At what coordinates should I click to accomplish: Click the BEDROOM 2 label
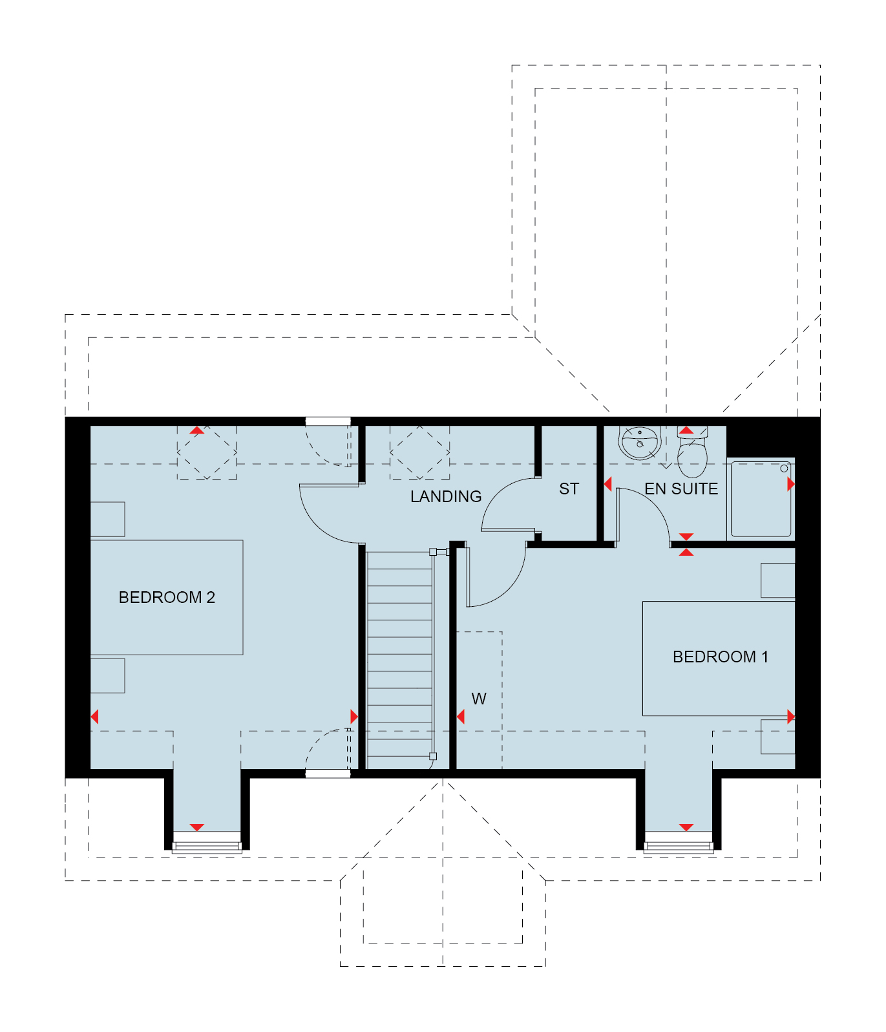tap(167, 597)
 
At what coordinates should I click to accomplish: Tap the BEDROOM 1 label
tap(721, 657)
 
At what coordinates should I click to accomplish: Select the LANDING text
tap(446, 496)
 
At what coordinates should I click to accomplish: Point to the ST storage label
tap(569, 489)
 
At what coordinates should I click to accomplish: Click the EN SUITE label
tap(681, 489)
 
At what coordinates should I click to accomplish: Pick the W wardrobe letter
tap(479, 699)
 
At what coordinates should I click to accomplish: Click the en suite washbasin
tap(638, 443)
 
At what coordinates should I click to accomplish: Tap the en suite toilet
tap(692, 451)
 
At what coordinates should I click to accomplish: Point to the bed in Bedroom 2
tap(167, 597)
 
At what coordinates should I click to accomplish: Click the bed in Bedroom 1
tap(719, 658)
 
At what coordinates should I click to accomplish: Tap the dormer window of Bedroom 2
tap(207, 843)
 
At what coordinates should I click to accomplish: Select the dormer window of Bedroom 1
tap(679, 843)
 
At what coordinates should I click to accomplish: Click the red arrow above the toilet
tap(686, 430)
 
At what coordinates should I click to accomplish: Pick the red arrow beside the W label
tap(461, 717)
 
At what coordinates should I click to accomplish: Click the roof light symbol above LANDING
tap(419, 452)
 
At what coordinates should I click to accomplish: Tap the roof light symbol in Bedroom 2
tap(207, 452)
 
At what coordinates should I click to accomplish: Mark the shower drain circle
tap(784, 469)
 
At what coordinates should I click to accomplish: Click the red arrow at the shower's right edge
tap(791, 484)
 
